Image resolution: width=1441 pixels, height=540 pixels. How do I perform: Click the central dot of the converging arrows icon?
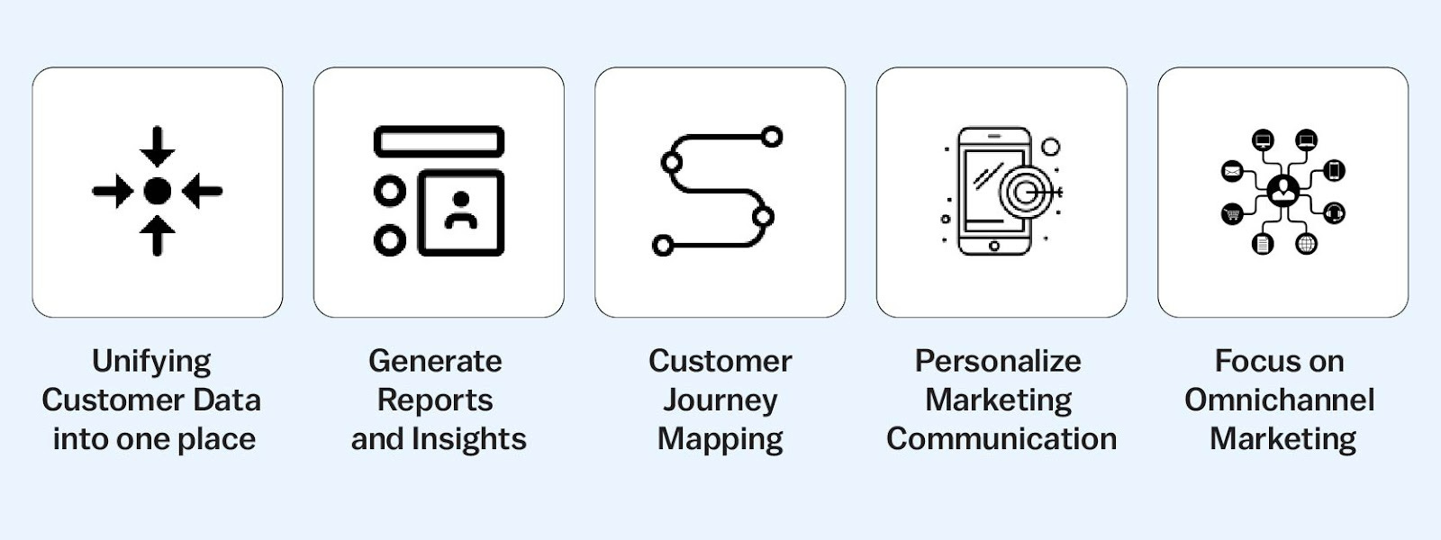pyautogui.click(x=158, y=191)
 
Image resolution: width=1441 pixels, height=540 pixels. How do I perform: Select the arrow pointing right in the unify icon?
pyautogui.click(x=113, y=191)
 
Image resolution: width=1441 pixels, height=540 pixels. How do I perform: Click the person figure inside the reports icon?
pyautogui.click(x=461, y=211)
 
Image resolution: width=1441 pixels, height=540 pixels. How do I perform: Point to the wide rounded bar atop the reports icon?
pyautogui.click(x=439, y=141)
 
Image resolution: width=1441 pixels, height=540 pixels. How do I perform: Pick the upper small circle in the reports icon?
pyautogui.click(x=389, y=191)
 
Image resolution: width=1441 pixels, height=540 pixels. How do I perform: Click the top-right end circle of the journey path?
pyautogui.click(x=772, y=137)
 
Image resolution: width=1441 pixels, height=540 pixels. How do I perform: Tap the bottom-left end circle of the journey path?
pyautogui.click(x=663, y=244)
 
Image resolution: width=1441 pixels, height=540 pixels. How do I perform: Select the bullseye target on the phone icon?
pyautogui.click(x=1023, y=192)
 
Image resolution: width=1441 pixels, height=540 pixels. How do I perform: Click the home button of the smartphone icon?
pyautogui.click(x=993, y=246)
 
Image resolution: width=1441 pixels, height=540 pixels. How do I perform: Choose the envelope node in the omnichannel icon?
pyautogui.click(x=1231, y=171)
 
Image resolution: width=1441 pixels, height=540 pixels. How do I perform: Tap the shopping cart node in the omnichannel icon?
pyautogui.click(x=1231, y=214)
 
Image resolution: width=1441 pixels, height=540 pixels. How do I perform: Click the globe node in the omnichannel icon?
pyautogui.click(x=1306, y=243)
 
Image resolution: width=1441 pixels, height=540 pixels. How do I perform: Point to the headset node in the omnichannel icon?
pyautogui.click(x=1334, y=213)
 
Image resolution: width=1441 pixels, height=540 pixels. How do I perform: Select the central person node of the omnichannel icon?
pyautogui.click(x=1282, y=191)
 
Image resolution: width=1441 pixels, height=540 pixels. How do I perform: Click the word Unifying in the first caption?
pyautogui.click(x=151, y=361)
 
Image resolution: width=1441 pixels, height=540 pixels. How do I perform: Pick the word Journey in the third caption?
pyautogui.click(x=720, y=400)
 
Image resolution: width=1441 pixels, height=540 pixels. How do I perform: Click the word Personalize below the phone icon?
pyautogui.click(x=998, y=361)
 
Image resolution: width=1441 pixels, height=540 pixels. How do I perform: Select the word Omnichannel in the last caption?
pyautogui.click(x=1279, y=400)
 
